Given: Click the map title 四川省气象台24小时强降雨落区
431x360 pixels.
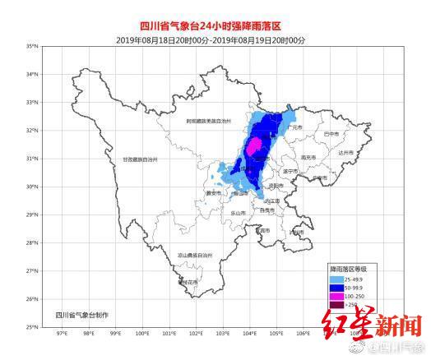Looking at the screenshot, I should point(215,27).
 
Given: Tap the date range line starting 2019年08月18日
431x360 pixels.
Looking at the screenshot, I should point(215,39).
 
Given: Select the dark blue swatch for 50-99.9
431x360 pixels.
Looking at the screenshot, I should point(336,287).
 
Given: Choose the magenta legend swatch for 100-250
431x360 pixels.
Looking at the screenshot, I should point(336,296).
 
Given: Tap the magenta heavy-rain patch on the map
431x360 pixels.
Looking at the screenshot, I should point(255,145).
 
